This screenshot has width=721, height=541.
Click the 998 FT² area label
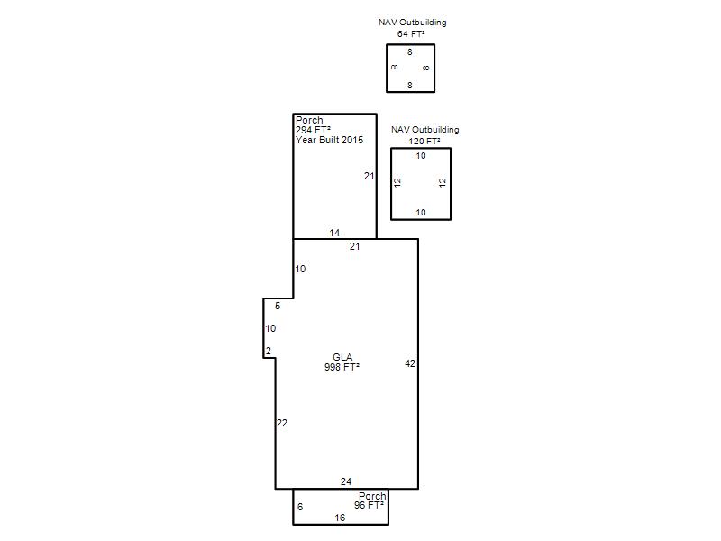[x=342, y=367]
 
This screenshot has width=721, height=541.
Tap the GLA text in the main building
[x=342, y=357]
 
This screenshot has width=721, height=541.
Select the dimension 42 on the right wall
[x=410, y=363]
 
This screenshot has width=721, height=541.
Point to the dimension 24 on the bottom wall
[x=346, y=481]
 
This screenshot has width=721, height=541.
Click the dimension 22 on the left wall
[x=282, y=423]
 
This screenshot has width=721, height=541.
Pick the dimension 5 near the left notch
[x=278, y=306]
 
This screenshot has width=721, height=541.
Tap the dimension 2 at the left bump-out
[x=269, y=351]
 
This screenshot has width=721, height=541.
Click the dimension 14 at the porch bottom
[x=334, y=233]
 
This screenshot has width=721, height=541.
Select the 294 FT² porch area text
[x=313, y=130]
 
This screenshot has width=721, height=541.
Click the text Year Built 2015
[x=329, y=140]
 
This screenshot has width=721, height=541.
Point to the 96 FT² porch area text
[x=369, y=505]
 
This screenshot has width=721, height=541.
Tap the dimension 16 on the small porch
[x=340, y=518]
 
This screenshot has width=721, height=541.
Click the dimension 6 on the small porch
[x=300, y=507]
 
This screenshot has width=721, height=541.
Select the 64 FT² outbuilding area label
[x=411, y=33]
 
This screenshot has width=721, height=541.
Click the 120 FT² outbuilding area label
[x=424, y=141]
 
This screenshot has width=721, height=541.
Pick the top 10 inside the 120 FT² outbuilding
[x=421, y=156]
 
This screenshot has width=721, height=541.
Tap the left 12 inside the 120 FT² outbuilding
[x=397, y=183]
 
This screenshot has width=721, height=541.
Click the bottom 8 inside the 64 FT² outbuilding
[x=410, y=85]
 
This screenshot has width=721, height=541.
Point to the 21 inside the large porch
[x=370, y=176]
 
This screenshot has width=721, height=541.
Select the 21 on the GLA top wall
[x=354, y=246]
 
